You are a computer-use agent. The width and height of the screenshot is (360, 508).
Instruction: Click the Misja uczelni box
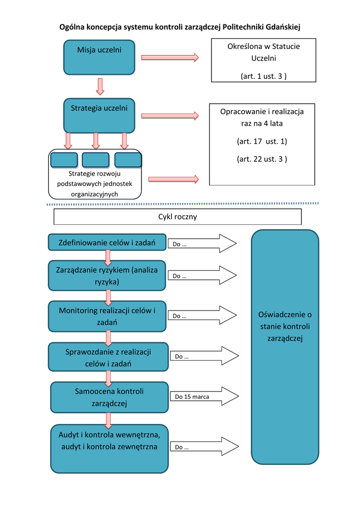point(99,58)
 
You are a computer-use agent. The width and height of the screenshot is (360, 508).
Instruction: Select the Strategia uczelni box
point(99,116)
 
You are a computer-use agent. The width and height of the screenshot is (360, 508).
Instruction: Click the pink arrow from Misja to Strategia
point(100,86)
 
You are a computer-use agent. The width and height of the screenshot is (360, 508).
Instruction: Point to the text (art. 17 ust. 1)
point(262,141)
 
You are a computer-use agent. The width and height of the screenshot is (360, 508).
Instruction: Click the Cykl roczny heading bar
point(177,217)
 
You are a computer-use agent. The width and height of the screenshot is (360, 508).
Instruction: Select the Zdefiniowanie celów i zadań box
point(107,243)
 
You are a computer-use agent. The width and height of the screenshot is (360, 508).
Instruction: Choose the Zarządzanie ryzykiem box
point(107,275)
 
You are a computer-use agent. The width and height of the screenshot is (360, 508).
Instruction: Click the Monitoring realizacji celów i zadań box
point(107,316)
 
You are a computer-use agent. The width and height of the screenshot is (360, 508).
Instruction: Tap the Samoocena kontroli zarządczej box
point(109,397)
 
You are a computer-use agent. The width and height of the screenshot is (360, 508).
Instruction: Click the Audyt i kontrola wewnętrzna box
point(109,448)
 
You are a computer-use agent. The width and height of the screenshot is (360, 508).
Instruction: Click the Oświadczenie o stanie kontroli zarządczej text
point(285,326)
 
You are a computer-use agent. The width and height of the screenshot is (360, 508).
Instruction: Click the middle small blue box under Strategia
point(95,160)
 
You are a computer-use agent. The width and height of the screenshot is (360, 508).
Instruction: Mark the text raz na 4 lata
point(262,124)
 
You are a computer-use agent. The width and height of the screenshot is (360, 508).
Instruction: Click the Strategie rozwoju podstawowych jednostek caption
point(94,184)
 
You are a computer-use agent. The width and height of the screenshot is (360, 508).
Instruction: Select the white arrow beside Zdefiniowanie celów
point(203,244)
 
